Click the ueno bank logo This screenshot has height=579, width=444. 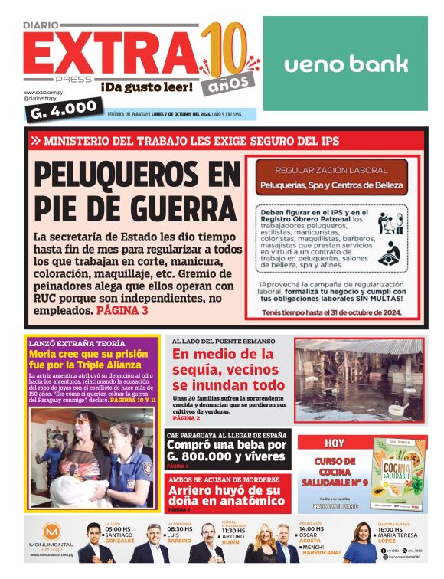pos(345,64)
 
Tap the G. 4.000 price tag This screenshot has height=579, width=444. pos(63,112)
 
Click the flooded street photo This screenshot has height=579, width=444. pos(358,381)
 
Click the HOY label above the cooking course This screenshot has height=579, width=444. pos(335,443)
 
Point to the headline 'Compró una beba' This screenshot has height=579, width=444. pos(227,450)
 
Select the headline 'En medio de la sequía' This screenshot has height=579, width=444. pos(227,369)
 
